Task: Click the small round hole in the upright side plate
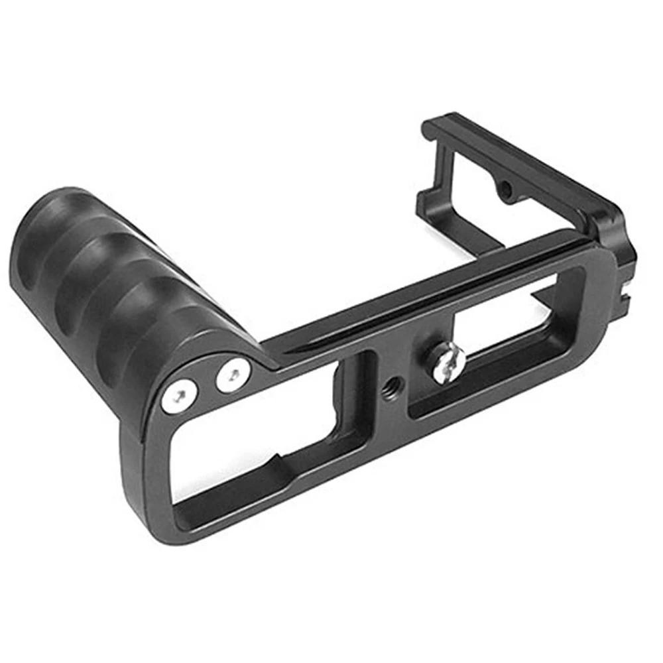(x=505, y=190)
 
